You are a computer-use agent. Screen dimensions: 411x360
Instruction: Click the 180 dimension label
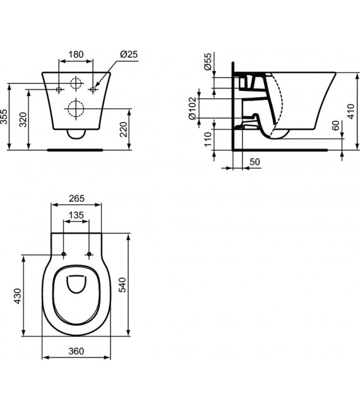tap(76, 54)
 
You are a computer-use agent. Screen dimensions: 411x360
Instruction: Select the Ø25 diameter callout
tap(129, 54)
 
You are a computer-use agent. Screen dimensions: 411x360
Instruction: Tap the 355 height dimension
tap(5, 117)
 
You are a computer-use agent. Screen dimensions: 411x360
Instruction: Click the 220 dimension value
tap(141, 131)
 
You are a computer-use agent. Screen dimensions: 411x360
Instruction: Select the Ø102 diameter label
tap(193, 109)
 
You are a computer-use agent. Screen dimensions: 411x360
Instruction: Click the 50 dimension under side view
tap(255, 162)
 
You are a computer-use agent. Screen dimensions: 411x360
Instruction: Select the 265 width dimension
tap(76, 198)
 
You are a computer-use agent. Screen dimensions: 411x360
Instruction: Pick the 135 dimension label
tap(76, 215)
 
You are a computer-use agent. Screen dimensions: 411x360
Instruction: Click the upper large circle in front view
tap(76, 83)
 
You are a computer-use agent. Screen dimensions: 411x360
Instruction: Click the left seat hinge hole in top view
tap(64, 255)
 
